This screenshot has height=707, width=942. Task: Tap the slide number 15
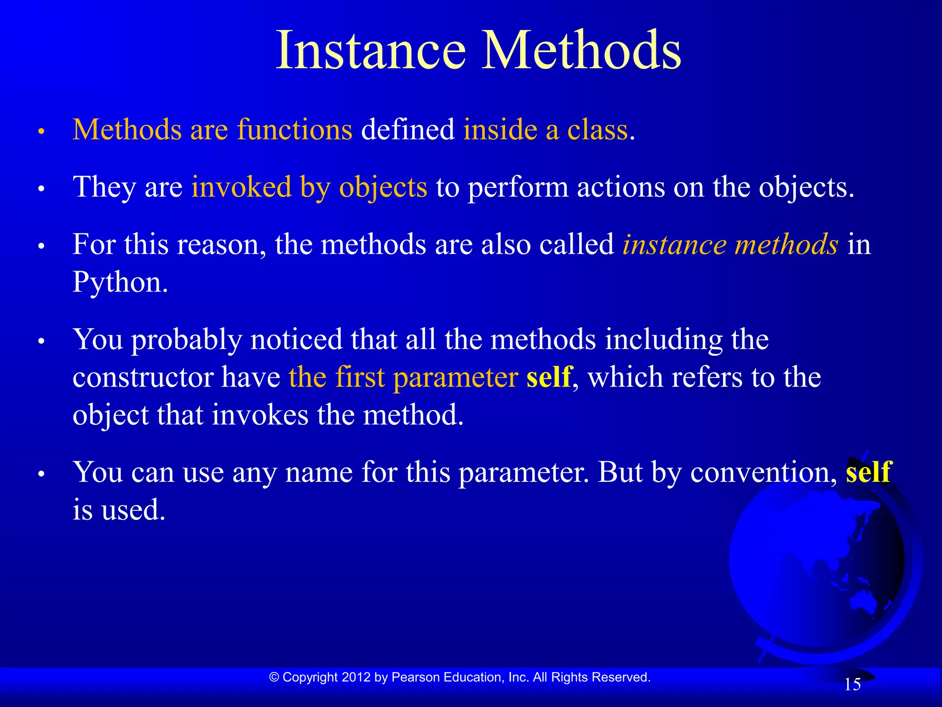(x=852, y=684)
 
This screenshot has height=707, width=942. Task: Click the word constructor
(x=143, y=377)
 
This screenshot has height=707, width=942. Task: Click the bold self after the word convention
(x=868, y=472)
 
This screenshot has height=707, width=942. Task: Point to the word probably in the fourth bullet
(x=187, y=341)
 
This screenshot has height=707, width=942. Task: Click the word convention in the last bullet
(x=763, y=472)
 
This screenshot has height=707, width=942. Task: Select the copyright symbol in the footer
(x=274, y=677)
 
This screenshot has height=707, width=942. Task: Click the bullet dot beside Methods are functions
(x=41, y=132)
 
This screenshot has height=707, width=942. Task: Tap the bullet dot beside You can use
(x=41, y=474)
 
